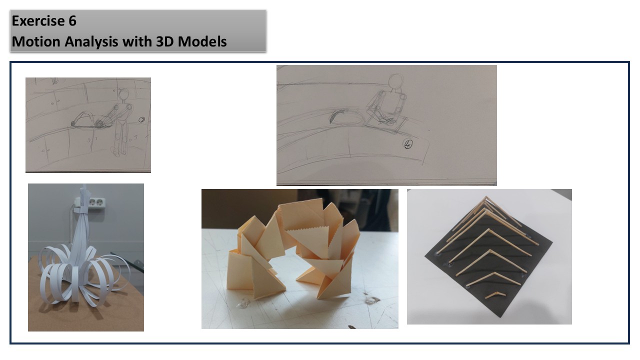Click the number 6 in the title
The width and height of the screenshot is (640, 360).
72,21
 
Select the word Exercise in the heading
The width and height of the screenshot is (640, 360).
38,21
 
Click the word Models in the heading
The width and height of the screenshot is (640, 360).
202,41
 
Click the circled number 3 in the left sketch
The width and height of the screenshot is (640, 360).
141,119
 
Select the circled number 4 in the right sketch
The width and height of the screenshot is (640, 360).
407,144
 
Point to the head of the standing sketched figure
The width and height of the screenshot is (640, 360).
123,94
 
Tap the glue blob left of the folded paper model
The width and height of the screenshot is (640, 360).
243,303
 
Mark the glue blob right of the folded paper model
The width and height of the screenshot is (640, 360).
371,299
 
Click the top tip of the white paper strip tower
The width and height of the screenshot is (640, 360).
84,185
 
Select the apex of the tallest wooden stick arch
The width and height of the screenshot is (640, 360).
486,196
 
